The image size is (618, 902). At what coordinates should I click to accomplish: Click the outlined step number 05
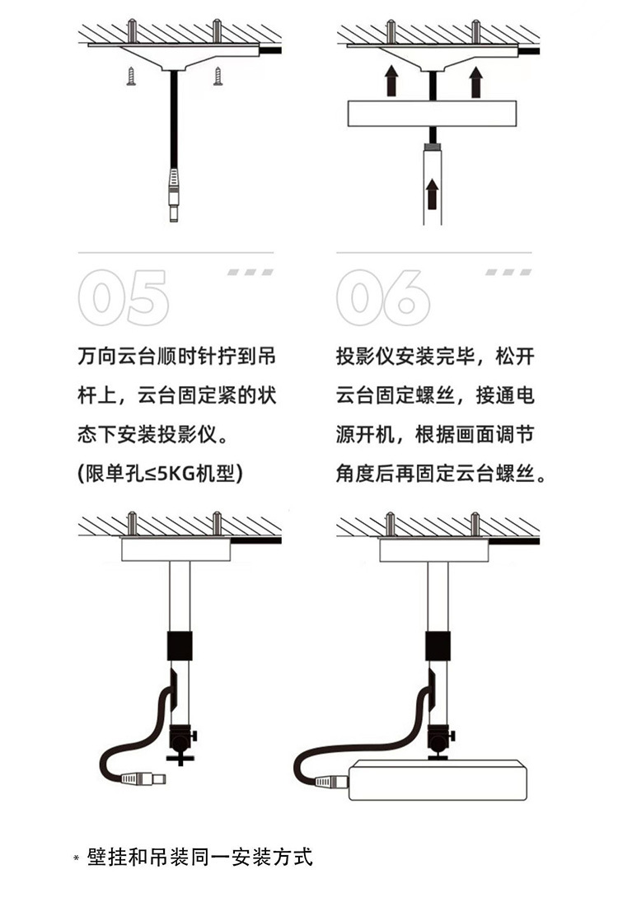pyautogui.click(x=124, y=297)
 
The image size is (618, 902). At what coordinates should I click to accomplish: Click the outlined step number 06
pyautogui.click(x=383, y=297)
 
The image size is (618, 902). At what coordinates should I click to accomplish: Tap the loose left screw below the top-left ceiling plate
pyautogui.click(x=131, y=77)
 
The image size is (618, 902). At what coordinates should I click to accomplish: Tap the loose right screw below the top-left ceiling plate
pyautogui.click(x=218, y=77)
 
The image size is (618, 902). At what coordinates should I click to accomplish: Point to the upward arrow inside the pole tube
pyautogui.click(x=432, y=194)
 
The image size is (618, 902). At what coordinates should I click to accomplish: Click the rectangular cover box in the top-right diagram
pyautogui.click(x=432, y=114)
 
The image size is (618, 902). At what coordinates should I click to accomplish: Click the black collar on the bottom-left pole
pyautogui.click(x=179, y=645)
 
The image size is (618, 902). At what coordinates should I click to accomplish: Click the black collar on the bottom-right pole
pyautogui.click(x=438, y=645)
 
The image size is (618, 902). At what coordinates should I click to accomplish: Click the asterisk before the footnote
pyautogui.click(x=77, y=858)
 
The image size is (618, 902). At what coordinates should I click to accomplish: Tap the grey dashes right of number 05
pyautogui.click(x=250, y=271)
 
